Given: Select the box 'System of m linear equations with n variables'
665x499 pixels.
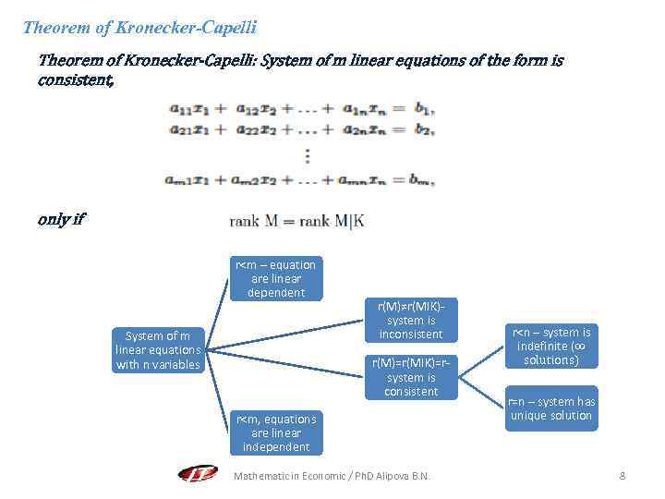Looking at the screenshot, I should [157, 350].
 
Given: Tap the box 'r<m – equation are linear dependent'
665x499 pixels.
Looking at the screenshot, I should [276, 278].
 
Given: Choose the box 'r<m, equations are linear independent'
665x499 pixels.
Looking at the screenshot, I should [276, 432].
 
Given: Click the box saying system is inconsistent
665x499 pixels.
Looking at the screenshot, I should [411, 320].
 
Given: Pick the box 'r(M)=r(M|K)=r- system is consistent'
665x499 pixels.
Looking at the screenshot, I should [411, 377].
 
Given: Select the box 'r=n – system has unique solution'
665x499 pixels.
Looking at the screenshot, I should [551, 408].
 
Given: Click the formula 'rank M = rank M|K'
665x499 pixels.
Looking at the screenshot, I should [296, 221].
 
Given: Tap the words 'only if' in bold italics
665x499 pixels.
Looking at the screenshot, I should [61, 219].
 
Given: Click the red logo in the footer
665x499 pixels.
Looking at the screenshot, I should [198, 474].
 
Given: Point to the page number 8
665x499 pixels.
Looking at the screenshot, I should [623, 476].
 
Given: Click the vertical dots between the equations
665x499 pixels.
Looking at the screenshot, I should [308, 156].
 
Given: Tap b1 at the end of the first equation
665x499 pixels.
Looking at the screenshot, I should [424, 109].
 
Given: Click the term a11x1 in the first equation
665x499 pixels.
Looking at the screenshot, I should [188, 109].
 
